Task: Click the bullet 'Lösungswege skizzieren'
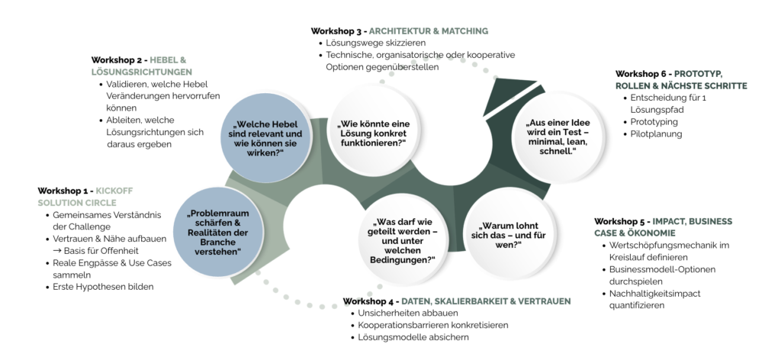pyautogui.click(x=372, y=43)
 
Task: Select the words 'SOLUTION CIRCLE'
pyautogui.click(x=77, y=202)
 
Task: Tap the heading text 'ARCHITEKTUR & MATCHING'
pyautogui.click(x=429, y=31)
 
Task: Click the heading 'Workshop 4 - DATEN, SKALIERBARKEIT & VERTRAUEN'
pyautogui.click(x=456, y=301)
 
